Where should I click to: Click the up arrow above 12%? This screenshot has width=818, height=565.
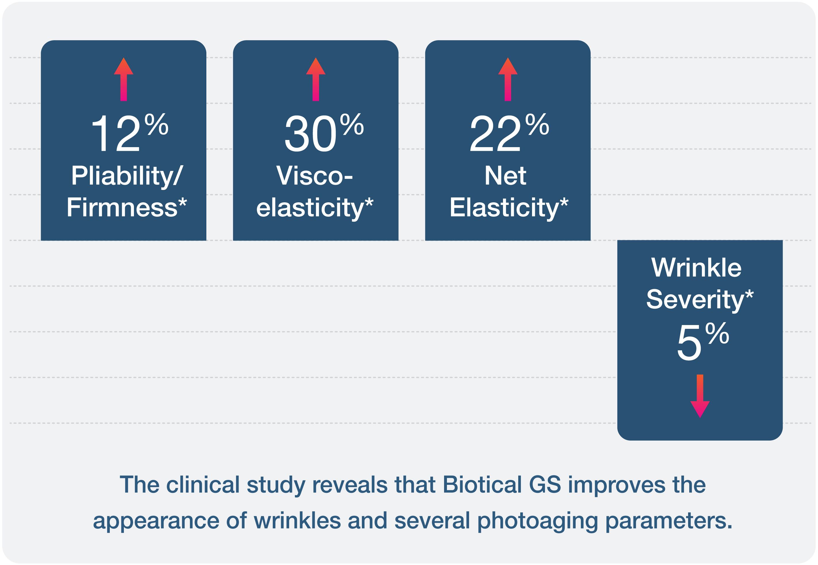coord(124,79)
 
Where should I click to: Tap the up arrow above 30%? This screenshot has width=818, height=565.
coord(316,79)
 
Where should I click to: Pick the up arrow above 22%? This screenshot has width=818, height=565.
coord(508,79)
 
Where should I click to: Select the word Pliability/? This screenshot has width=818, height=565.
coord(127,176)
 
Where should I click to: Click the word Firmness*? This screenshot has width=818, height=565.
coord(126,207)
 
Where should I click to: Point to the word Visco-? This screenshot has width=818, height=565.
coord(314,176)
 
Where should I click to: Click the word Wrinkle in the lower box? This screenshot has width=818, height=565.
coord(696,268)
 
